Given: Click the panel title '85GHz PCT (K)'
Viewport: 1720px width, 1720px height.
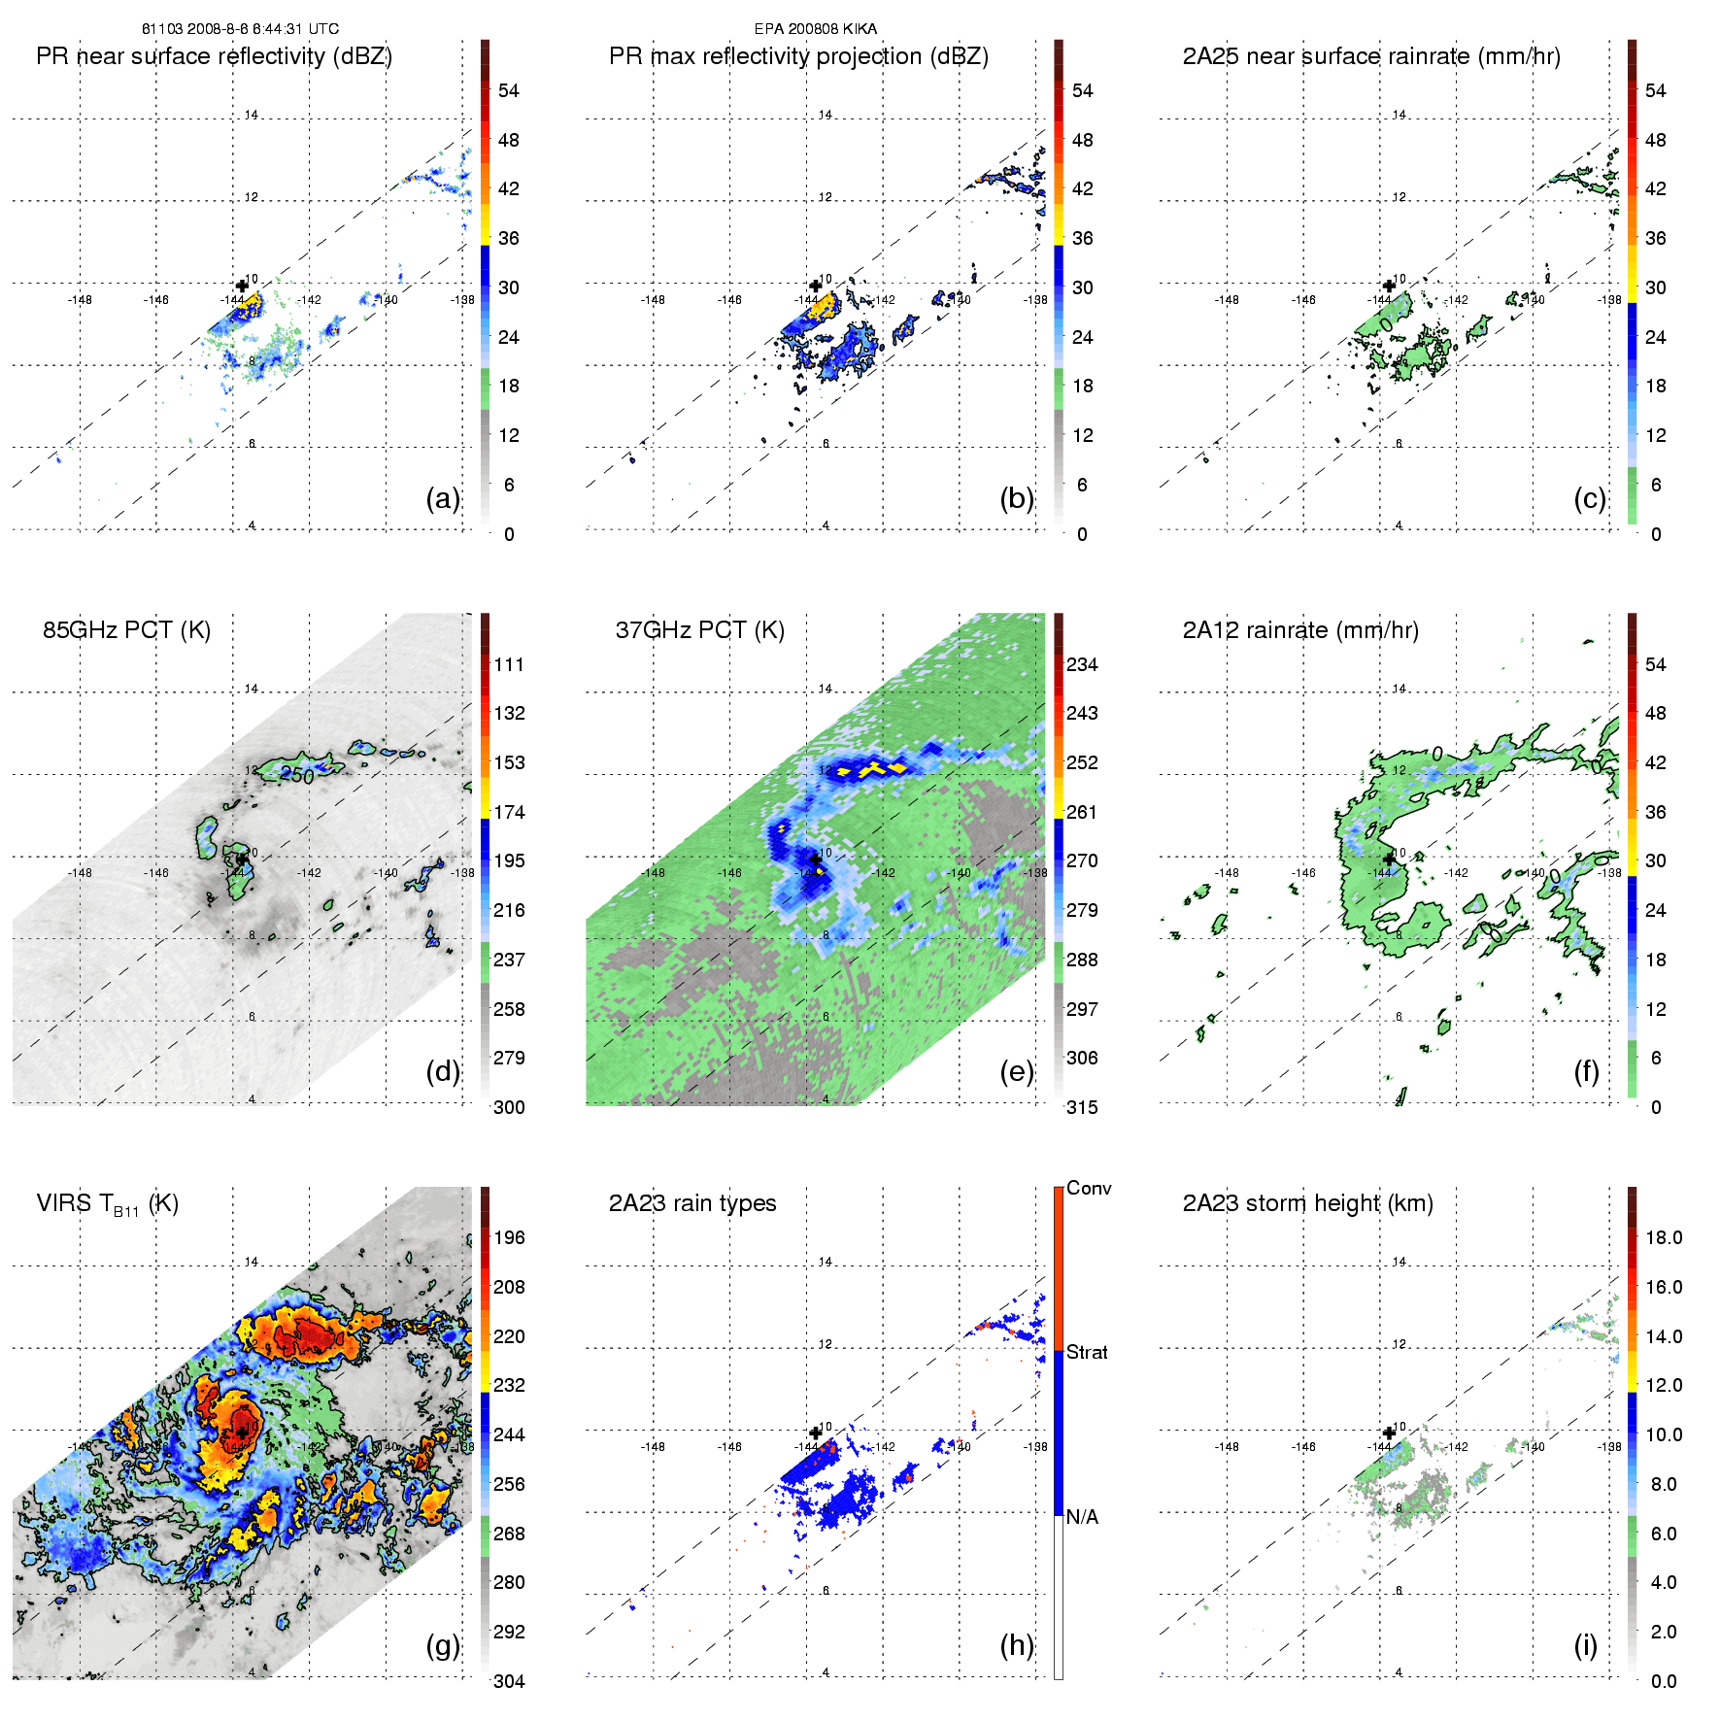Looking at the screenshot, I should pos(126,630).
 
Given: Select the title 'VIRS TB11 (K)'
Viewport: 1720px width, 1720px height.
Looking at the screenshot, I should pos(107,1204).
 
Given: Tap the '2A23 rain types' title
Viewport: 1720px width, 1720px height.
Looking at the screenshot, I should pos(691,1204).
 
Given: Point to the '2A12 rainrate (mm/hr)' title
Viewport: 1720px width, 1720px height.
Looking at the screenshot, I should pos(1299,630).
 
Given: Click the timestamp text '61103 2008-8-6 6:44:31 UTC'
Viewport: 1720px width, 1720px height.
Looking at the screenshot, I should pos(240,29).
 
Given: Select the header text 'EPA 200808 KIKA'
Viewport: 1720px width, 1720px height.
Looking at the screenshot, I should pos(815,29).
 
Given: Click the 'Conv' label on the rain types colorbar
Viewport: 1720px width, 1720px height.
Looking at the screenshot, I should pos(1088,1189).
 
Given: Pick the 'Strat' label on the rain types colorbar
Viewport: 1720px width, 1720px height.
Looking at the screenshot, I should pos(1087,1353).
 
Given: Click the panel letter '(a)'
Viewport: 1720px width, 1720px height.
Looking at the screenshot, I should pos(443,498).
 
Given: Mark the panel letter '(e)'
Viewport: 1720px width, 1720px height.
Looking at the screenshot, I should pos(1016,1072).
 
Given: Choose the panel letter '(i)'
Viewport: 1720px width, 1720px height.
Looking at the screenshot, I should pos(1585,1645).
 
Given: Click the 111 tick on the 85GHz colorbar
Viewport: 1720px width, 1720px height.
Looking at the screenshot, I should pos(509,665).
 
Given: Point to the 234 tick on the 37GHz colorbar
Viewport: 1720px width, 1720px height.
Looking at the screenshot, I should pos(1082,665).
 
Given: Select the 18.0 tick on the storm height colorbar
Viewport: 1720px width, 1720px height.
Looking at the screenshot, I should pos(1663,1238).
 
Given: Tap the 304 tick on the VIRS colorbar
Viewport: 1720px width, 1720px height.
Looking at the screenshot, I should pos(509,1681).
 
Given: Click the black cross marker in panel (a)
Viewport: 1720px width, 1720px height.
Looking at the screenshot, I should pos(242,286).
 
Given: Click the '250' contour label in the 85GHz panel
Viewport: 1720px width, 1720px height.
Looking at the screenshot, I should pos(297,775).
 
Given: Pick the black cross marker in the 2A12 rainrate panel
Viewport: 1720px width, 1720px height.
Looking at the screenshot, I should pos(1389,859).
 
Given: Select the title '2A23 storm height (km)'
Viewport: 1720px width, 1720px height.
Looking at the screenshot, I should pos(1307,1204).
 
